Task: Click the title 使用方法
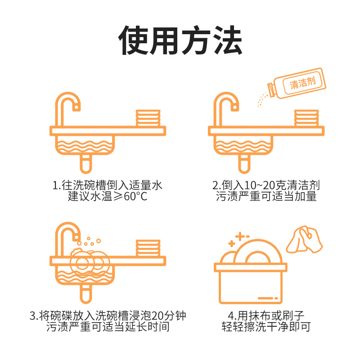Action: [x=180, y=40]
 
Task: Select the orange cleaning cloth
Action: [x=305, y=239]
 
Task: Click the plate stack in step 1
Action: [x=148, y=118]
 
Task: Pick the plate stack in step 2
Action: [x=306, y=118]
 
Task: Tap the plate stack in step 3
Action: [x=148, y=248]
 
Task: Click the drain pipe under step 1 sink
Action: [x=86, y=164]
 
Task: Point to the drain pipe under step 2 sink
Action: [x=244, y=164]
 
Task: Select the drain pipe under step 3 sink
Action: [x=86, y=294]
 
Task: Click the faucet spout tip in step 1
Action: [x=76, y=108]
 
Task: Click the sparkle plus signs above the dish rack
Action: [x=239, y=239]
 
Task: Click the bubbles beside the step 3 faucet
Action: [x=89, y=241]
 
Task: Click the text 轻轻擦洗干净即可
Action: [x=266, y=327]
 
